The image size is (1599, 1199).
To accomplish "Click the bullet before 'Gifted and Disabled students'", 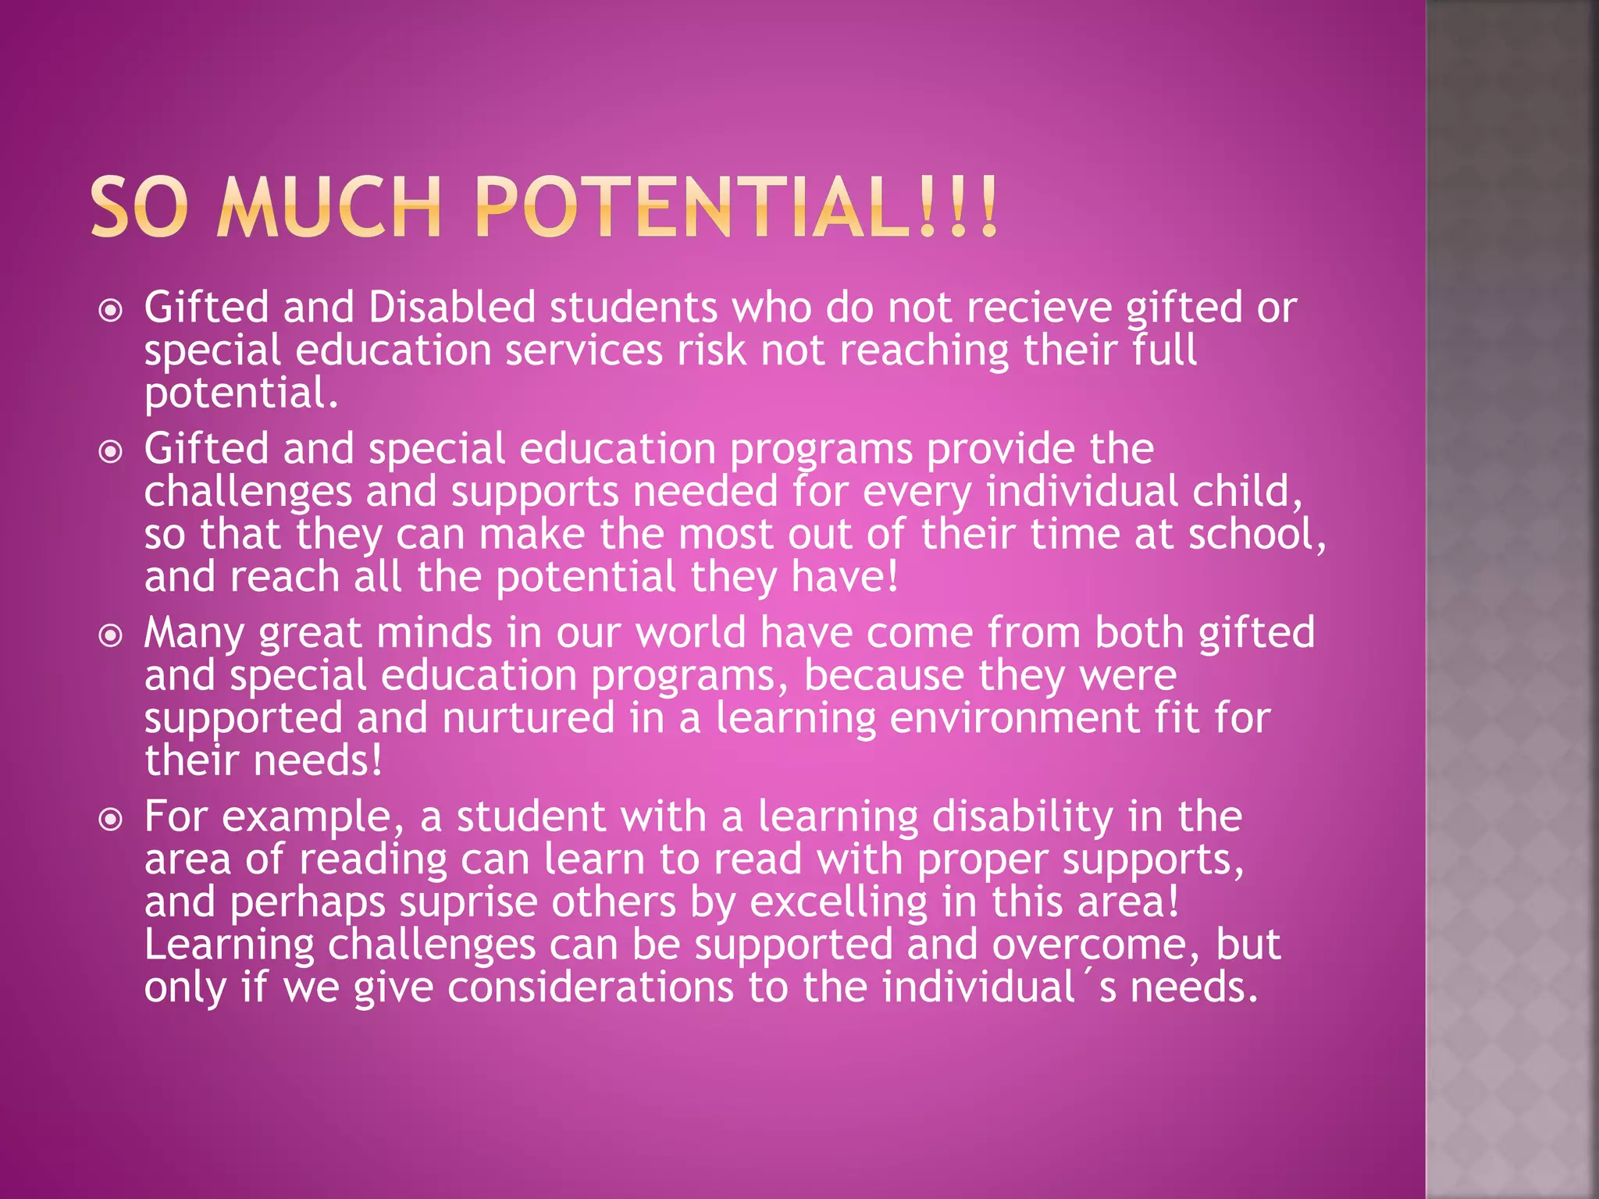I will pyautogui.click(x=112, y=311).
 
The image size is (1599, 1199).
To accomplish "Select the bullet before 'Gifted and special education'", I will pyautogui.click(x=112, y=452).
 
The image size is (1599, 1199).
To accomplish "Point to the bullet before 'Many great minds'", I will pyautogui.click(x=112, y=636).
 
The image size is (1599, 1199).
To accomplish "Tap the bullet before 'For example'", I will pyautogui.click(x=112, y=820).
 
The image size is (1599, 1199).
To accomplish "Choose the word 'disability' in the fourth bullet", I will pyautogui.click(x=1023, y=818).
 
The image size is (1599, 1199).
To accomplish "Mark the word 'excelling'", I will pyautogui.click(x=839, y=903).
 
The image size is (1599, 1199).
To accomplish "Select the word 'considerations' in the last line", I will pyautogui.click(x=590, y=987).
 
